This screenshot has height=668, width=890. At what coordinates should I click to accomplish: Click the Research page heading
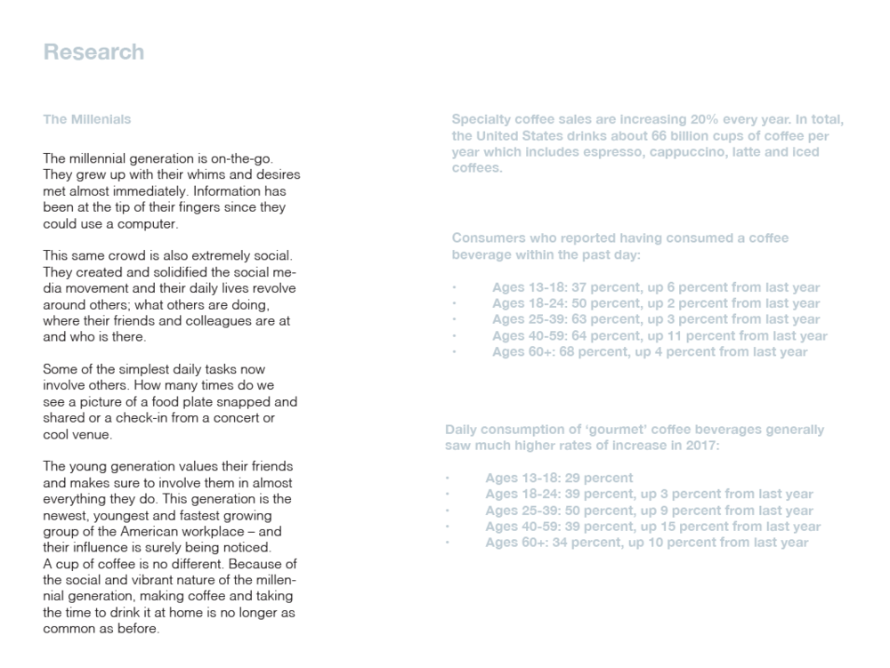(93, 52)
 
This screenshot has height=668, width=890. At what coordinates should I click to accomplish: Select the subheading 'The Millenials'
(87, 119)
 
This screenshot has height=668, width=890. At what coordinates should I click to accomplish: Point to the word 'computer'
(148, 223)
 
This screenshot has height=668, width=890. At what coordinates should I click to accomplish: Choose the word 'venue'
(93, 434)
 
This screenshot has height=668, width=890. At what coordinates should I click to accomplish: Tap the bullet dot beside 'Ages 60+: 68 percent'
(453, 352)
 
